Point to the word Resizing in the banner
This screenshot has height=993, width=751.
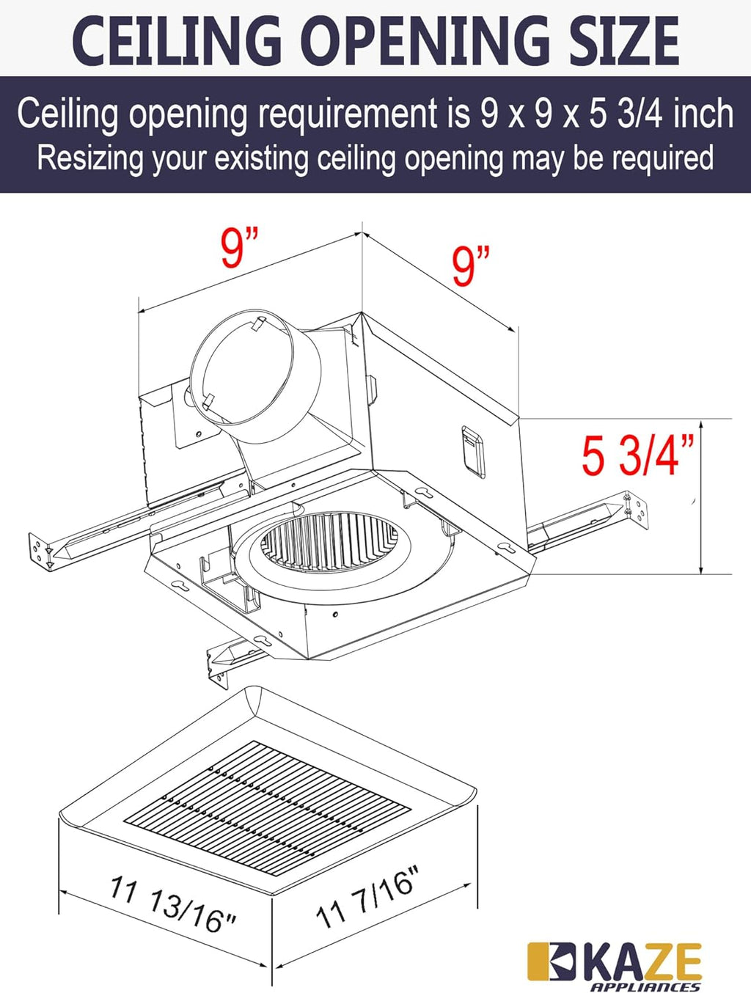(x=89, y=158)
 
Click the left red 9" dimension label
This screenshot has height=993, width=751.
(x=239, y=248)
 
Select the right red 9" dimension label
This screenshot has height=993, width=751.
(x=470, y=265)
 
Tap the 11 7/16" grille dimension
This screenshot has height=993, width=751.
(x=368, y=896)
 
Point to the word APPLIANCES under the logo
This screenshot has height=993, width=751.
(x=645, y=986)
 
